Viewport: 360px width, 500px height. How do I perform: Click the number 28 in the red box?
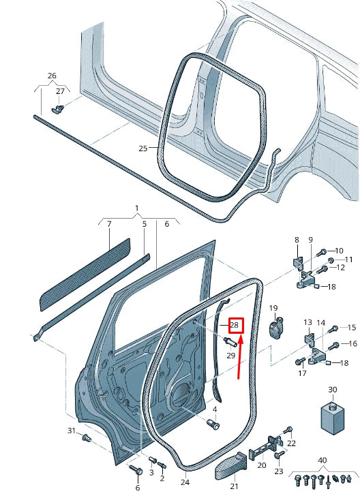234,326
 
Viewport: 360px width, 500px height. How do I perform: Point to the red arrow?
240,357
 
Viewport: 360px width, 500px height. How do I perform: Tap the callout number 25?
142,148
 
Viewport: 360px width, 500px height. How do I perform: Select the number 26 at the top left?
52,76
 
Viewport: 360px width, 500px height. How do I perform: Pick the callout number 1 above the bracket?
136,207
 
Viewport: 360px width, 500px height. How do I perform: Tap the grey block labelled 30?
331,418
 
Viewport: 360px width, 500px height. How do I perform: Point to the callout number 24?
184,482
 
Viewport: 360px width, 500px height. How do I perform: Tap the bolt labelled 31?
86,438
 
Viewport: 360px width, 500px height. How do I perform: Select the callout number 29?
230,356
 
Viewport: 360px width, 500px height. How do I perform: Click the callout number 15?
352,328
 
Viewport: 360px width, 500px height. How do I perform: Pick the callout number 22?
292,443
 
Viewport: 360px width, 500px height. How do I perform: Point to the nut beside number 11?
331,261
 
